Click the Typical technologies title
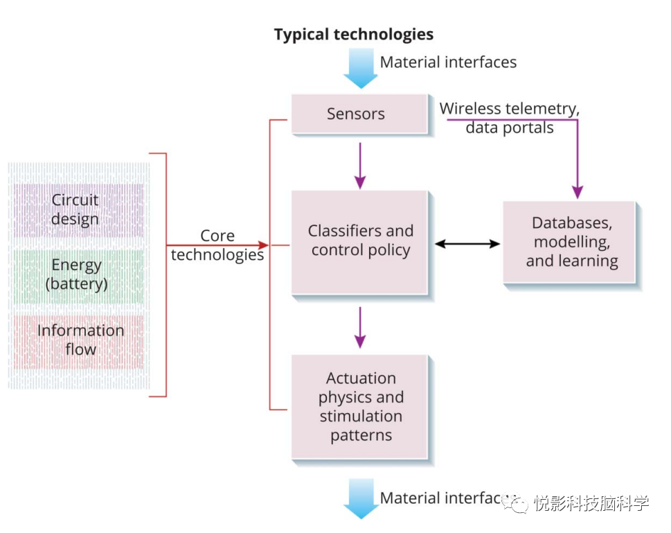click(353, 35)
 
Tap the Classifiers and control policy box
click(360, 241)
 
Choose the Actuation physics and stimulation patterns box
click(360, 407)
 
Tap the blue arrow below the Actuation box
click(361, 500)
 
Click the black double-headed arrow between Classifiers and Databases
click(467, 244)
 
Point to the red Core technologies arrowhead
click(262, 245)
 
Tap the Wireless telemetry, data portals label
click(510, 119)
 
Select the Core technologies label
click(217, 245)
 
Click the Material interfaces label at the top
click(448, 62)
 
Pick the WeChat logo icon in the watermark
click(516, 502)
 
